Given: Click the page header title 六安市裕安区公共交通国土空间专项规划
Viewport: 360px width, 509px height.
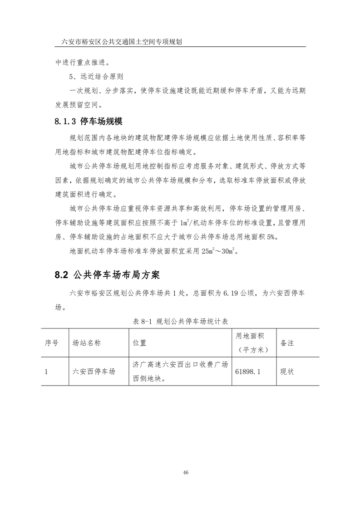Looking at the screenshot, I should click(x=122, y=42).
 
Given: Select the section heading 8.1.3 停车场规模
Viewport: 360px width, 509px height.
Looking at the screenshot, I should click(x=89, y=122).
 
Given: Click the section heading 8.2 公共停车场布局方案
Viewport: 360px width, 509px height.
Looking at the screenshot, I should click(x=107, y=275).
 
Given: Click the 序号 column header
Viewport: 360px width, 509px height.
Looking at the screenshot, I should click(x=51, y=343).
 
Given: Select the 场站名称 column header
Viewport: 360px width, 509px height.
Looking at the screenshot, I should click(x=87, y=343).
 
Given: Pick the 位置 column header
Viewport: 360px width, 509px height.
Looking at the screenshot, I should click(x=139, y=343).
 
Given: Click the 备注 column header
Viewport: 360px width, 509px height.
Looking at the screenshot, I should click(x=287, y=343).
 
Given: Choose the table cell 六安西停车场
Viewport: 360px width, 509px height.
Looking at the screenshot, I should click(x=94, y=372).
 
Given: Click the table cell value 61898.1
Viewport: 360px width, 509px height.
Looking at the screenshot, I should click(x=248, y=372).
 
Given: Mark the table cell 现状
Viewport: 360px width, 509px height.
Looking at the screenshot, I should click(x=287, y=372).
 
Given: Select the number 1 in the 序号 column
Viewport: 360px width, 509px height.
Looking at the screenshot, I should click(x=46, y=372).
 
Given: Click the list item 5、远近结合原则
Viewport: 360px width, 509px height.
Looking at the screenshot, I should click(x=96, y=76).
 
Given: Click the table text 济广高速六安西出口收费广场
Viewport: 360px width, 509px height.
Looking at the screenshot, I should click(x=180, y=364).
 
